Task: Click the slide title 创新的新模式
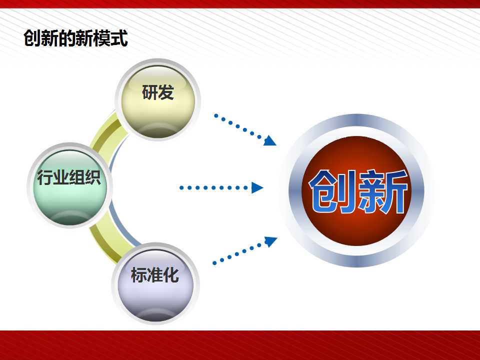click(75, 38)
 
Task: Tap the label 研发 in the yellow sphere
click(158, 92)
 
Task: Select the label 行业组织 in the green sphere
click(69, 177)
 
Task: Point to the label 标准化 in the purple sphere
click(155, 274)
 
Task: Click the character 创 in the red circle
click(332, 191)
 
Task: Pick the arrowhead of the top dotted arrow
click(269, 140)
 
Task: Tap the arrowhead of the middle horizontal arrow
click(257, 187)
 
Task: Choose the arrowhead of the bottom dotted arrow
click(270, 241)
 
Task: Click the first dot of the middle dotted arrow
click(181, 187)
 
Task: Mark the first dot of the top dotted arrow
click(216, 115)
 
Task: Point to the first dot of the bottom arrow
click(214, 263)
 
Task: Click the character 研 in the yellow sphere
click(149, 92)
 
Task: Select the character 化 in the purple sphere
click(171, 274)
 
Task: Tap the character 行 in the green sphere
click(45, 177)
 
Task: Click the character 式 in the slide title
click(119, 38)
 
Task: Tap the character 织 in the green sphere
click(93, 177)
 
